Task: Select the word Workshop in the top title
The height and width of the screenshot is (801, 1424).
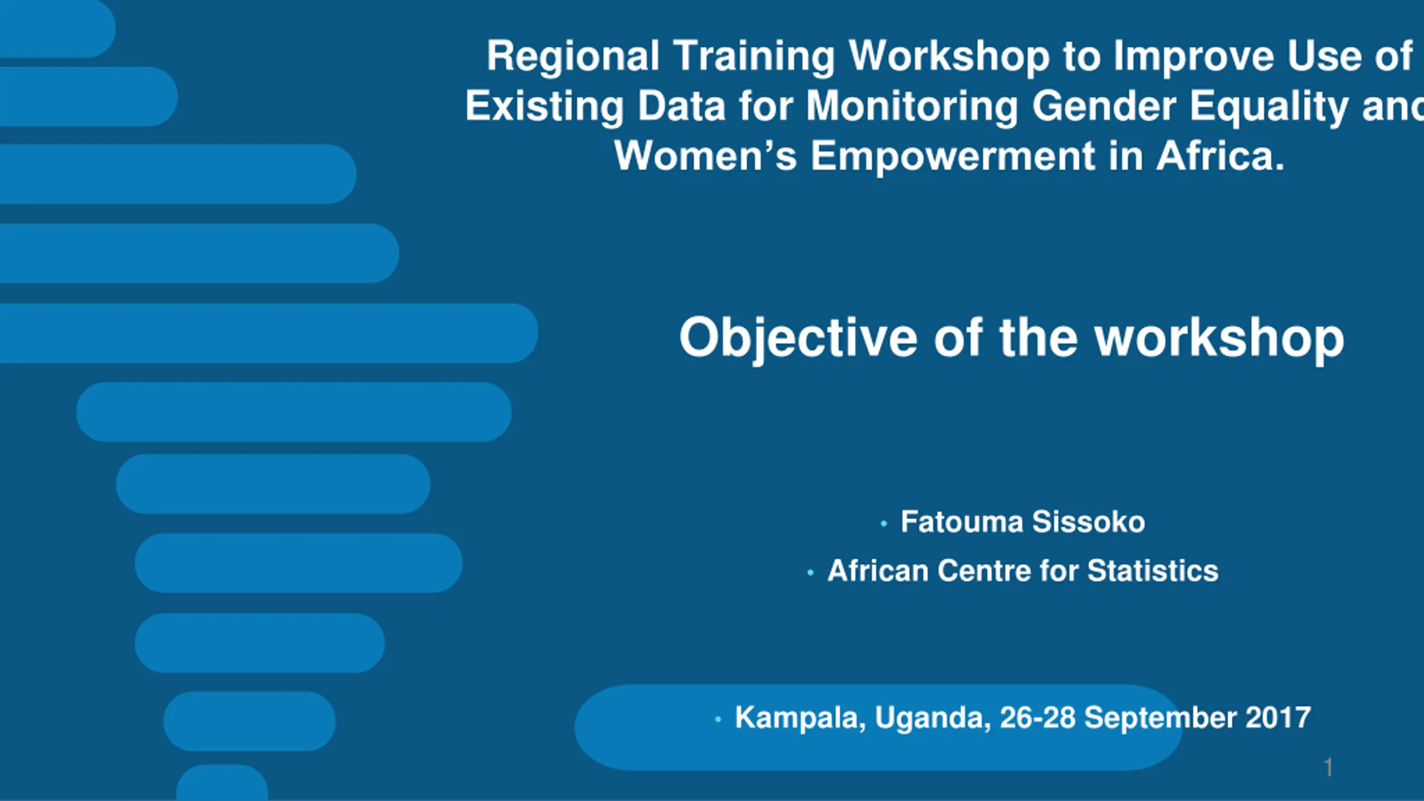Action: pyautogui.click(x=949, y=56)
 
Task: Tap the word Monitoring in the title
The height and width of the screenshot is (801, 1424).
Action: pyautogui.click(x=912, y=107)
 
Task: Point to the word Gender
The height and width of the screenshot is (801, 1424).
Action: pyautogui.click(x=1105, y=106)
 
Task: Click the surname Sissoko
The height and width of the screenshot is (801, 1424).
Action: pyautogui.click(x=1089, y=522)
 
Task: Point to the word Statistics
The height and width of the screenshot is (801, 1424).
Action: pyautogui.click(x=1153, y=571)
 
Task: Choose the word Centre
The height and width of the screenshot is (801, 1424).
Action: pyautogui.click(x=984, y=571)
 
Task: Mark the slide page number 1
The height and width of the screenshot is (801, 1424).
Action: pyautogui.click(x=1328, y=768)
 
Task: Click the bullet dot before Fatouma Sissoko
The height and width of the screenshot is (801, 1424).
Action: pyautogui.click(x=884, y=523)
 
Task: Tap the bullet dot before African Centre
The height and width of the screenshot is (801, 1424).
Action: pyautogui.click(x=810, y=572)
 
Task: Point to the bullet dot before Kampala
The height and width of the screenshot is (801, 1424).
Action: pyautogui.click(x=718, y=719)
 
